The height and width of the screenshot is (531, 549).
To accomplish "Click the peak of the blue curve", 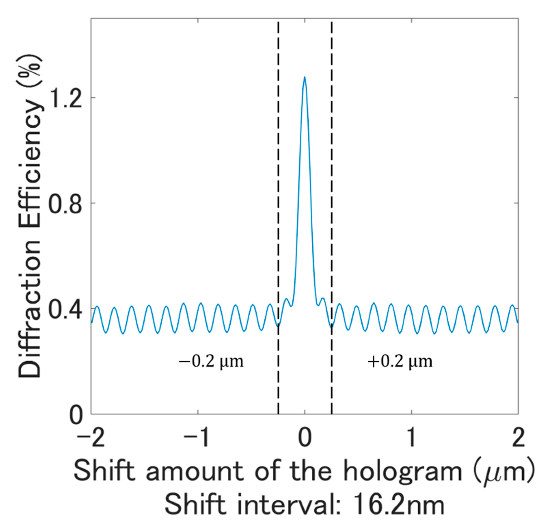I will [304, 78].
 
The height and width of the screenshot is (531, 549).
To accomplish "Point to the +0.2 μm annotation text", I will [400, 362].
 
